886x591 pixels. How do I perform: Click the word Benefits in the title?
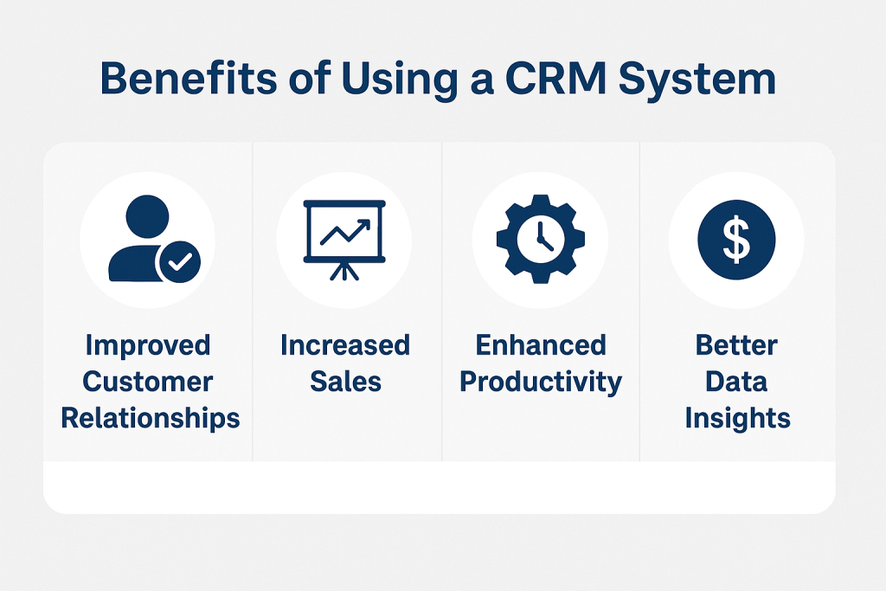pyautogui.click(x=189, y=78)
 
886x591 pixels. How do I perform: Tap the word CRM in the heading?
pyautogui.click(x=555, y=78)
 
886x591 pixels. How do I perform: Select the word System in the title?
pyautogui.click(x=697, y=80)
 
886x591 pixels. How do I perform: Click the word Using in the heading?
pyautogui.click(x=399, y=80)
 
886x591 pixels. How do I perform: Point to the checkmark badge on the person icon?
pyautogui.click(x=178, y=261)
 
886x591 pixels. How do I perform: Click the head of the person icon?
pyautogui.click(x=147, y=216)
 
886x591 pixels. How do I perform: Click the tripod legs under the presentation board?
pyautogui.click(x=344, y=271)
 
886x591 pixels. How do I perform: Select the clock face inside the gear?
pyautogui.click(x=541, y=238)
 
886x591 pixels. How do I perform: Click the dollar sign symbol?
pyautogui.click(x=737, y=240)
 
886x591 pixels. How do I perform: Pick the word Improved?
pyautogui.click(x=148, y=346)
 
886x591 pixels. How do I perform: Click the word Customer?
pyautogui.click(x=147, y=382)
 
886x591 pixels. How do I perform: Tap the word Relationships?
pyautogui.click(x=151, y=419)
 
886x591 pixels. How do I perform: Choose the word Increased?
pyautogui.click(x=345, y=345)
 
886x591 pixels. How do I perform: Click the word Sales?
pyautogui.click(x=345, y=382)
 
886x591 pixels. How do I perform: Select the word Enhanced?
pyautogui.click(x=541, y=345)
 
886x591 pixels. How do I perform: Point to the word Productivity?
pyautogui.click(x=541, y=382)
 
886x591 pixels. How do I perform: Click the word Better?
pyautogui.click(x=736, y=345)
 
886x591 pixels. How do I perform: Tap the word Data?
pyautogui.click(x=736, y=382)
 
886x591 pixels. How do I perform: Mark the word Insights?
pyautogui.click(x=737, y=419)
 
